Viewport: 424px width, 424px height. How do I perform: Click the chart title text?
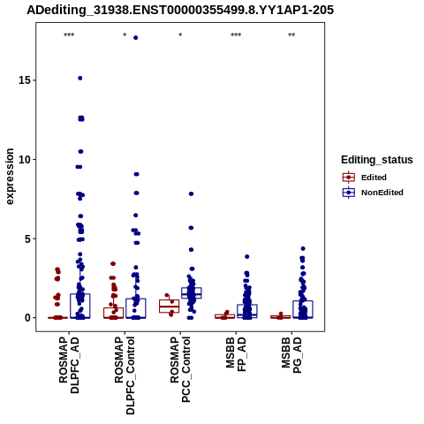pyautogui.click(x=180, y=10)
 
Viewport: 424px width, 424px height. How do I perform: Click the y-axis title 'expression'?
pyautogui.click(x=10, y=177)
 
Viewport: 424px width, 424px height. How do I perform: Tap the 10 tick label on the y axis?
pyautogui.click(x=25, y=159)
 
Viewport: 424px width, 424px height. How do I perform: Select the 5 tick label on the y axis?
pyautogui.click(x=27, y=238)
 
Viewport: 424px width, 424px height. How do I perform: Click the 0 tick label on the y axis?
pyautogui.click(x=27, y=318)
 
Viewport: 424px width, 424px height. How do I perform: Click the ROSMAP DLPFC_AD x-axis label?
pyautogui.click(x=69, y=365)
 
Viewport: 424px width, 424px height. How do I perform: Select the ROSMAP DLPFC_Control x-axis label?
pyautogui.click(x=125, y=375)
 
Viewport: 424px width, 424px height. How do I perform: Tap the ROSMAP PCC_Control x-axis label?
pyautogui.click(x=180, y=369)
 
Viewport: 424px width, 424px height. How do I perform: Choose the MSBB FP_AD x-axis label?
pyautogui.click(x=236, y=354)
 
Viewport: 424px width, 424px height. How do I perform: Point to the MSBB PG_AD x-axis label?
pyautogui.click(x=291, y=355)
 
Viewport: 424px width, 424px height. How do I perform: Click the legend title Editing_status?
pyautogui.click(x=377, y=160)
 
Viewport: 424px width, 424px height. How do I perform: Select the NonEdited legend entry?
pyautogui.click(x=373, y=193)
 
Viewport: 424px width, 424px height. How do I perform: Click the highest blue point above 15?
pyautogui.click(x=135, y=38)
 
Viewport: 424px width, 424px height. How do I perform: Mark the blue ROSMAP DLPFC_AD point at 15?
pyautogui.click(x=79, y=78)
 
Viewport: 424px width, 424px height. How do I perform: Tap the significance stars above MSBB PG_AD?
pyautogui.click(x=291, y=35)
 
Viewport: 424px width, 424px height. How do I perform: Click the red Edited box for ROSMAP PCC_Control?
pyautogui.click(x=170, y=307)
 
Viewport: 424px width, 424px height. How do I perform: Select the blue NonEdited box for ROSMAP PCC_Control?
pyautogui.click(x=192, y=293)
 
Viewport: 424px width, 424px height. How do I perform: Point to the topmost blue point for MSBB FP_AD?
pyautogui.click(x=247, y=257)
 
